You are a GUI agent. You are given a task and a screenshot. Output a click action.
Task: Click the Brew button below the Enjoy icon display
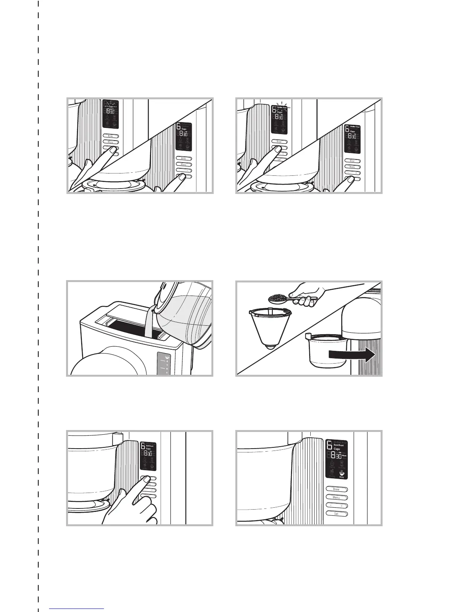coord(337,489)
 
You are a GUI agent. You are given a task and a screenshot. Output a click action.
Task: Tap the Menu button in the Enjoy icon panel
coord(337,497)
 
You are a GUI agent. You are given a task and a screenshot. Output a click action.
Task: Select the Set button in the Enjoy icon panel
coord(337,514)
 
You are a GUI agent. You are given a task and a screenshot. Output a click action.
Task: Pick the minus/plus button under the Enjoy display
coord(337,505)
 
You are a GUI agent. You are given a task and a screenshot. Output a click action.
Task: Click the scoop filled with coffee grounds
coord(278,298)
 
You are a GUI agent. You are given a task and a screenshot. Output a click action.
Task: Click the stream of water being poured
coord(148,321)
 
